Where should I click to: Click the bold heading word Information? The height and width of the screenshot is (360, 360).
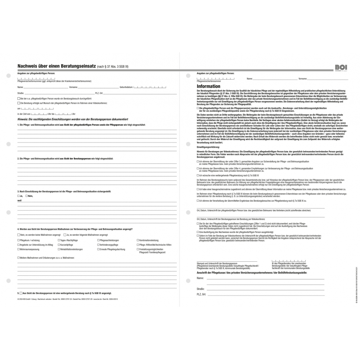pos(208,86)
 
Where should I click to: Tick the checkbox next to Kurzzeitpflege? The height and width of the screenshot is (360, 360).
pos(58,245)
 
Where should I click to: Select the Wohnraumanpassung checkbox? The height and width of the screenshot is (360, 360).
pos(19,249)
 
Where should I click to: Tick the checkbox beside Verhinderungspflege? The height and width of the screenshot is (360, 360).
pos(98,245)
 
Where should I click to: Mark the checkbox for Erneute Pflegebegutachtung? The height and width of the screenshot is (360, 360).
pos(98,249)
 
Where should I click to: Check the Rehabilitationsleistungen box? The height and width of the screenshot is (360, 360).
pos(58,249)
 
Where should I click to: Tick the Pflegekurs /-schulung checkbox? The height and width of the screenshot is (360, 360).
pos(19,240)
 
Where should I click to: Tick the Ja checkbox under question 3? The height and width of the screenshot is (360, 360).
pos(19,195)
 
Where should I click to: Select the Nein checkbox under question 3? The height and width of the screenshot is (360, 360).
pos(27,195)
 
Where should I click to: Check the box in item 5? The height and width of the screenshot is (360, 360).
pos(21,293)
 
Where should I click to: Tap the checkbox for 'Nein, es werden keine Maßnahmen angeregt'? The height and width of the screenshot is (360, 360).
pos(19,235)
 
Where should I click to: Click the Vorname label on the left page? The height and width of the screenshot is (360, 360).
pos(73,87)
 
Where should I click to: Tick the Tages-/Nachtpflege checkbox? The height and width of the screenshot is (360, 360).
pos(58,240)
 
